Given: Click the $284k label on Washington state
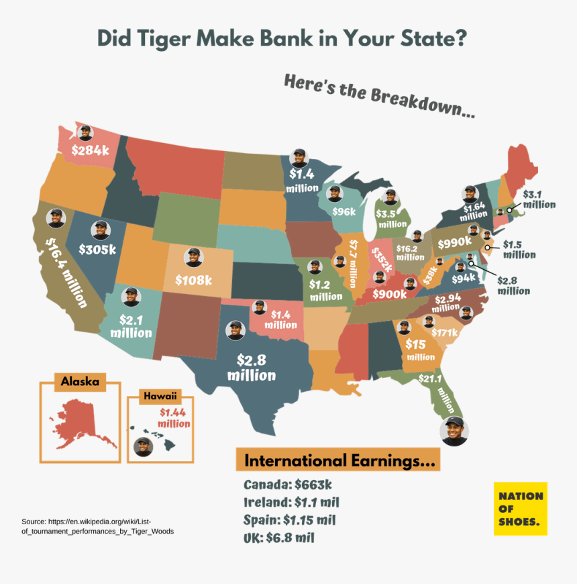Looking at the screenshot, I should point(91,150).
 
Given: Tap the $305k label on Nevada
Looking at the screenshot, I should point(97,249).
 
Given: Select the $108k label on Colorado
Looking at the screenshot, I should point(193,279).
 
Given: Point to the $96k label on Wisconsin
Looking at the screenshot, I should point(344,211).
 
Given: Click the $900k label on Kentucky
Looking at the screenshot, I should point(388,294).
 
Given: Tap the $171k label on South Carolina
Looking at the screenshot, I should point(443,332).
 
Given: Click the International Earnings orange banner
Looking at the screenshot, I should point(337,461).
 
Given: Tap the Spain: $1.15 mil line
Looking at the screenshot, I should point(289,520).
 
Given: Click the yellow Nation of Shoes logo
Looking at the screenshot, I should point(521,508).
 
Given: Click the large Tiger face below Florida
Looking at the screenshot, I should point(454,432).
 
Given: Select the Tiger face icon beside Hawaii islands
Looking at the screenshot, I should point(143,446).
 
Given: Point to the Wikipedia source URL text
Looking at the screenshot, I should point(97,526).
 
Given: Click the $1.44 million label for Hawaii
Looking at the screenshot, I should point(174,418).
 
